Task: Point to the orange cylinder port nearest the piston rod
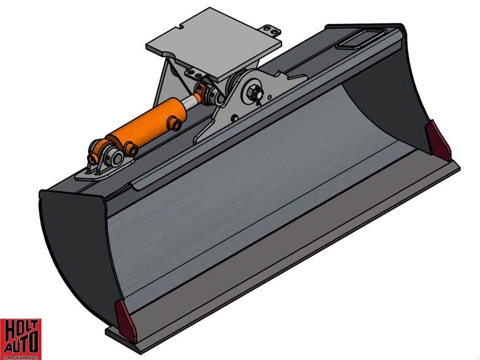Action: coord(176,121)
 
